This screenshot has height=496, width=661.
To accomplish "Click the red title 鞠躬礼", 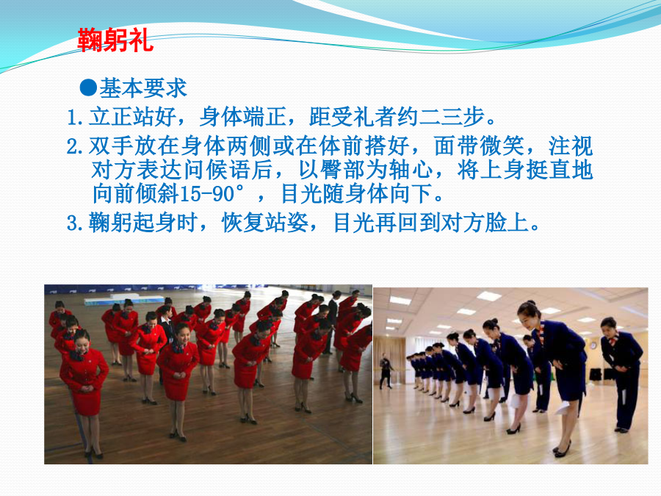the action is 115,40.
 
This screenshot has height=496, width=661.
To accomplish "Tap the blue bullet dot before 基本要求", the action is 88,87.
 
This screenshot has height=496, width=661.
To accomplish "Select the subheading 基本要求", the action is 143,87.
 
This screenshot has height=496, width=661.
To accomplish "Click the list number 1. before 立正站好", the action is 75,117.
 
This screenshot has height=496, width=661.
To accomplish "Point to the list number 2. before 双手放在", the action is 75,146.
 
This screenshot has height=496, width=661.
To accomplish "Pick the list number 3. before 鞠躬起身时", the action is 75,223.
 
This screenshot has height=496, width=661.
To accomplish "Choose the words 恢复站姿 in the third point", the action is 266,222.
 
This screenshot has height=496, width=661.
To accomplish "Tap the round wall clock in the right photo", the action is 593,346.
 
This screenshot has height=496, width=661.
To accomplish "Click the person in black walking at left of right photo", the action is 386,371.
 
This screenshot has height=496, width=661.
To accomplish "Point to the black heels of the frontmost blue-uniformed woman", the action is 562,450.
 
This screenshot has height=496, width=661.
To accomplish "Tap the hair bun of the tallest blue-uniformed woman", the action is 531,303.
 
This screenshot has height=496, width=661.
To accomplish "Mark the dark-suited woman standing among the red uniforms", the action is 166,333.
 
